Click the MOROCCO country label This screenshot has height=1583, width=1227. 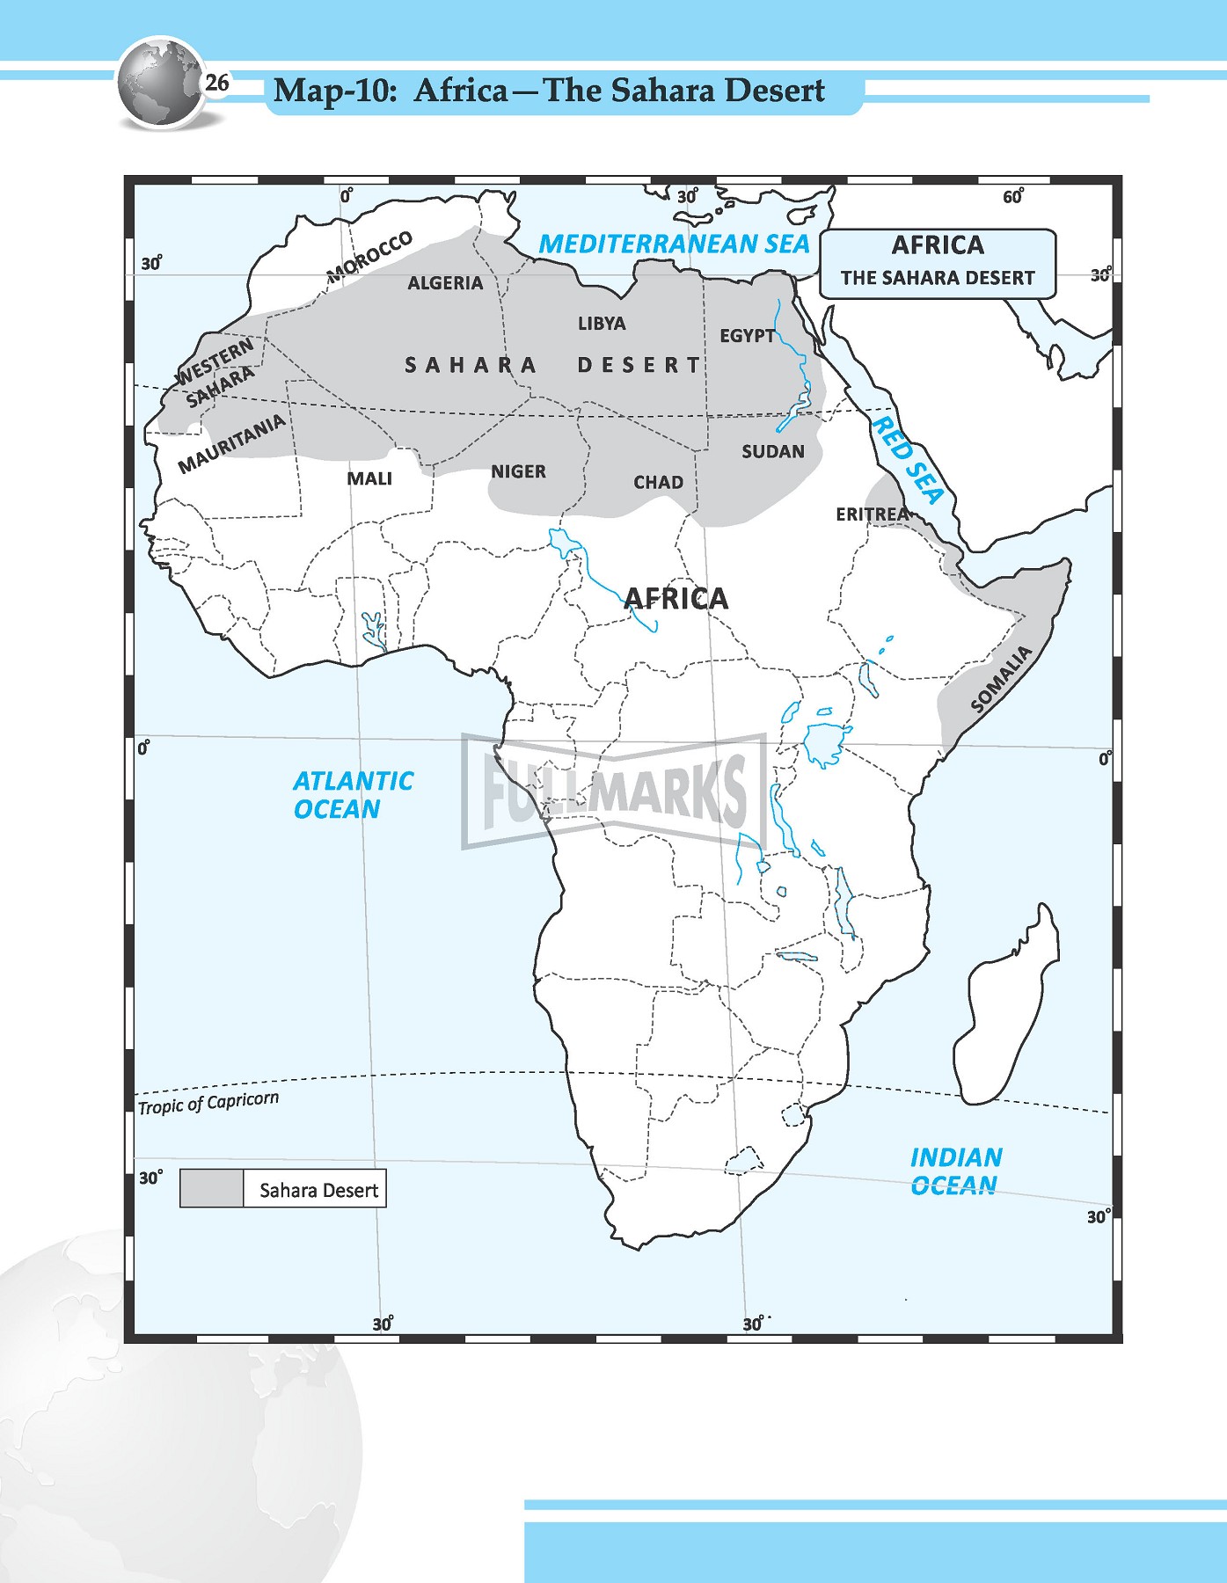pyautogui.click(x=369, y=258)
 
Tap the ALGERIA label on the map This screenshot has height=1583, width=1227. pyautogui.click(x=445, y=283)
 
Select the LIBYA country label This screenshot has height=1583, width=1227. pyautogui.click(x=602, y=324)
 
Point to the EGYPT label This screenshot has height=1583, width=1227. pyautogui.click(x=748, y=336)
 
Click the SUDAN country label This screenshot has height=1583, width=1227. pyautogui.click(x=772, y=452)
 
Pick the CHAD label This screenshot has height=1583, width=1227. pyautogui.click(x=658, y=483)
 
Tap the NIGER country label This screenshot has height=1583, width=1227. pyautogui.click(x=518, y=472)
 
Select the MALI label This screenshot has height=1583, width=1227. pyautogui.click(x=369, y=478)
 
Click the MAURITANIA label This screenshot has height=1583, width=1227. pyautogui.click(x=232, y=444)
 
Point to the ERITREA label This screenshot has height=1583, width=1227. pyautogui.click(x=872, y=514)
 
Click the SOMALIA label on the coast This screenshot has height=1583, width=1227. pyautogui.click(x=1001, y=679)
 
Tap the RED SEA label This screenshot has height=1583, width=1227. pyautogui.click(x=907, y=460)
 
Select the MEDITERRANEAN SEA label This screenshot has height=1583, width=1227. pyautogui.click(x=674, y=244)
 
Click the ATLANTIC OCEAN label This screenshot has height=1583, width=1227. pyautogui.click(x=352, y=795)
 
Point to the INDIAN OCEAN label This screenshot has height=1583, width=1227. pyautogui.click(x=955, y=1171)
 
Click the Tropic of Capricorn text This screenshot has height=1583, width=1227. pyautogui.click(x=208, y=1103)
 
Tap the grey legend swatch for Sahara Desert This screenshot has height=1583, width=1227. pyautogui.click(x=212, y=1189)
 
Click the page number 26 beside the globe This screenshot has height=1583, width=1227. pyautogui.click(x=216, y=84)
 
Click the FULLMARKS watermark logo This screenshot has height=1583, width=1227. pyautogui.click(x=613, y=790)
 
